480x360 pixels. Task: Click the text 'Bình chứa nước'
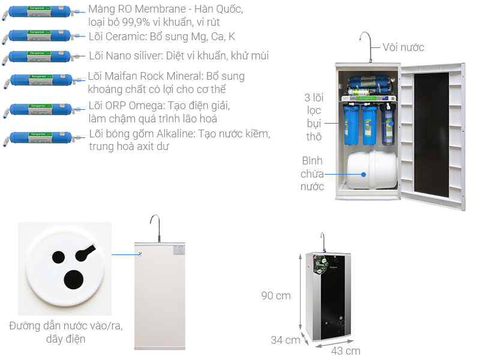[312, 174]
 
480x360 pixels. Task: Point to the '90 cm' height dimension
[276, 296]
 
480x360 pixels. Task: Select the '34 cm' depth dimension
[285, 340]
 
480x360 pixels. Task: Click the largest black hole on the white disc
[74, 279]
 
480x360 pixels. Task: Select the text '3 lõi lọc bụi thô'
[313, 118]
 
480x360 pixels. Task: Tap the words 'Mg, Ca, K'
[214, 36]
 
